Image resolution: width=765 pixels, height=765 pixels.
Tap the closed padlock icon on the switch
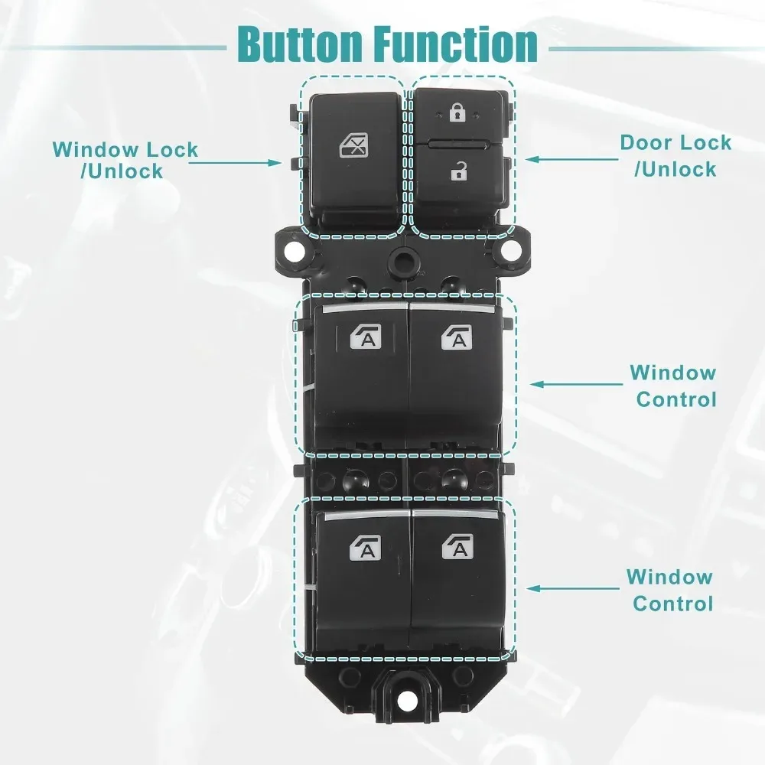point(457,115)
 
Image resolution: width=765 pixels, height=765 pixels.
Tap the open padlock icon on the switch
point(459,173)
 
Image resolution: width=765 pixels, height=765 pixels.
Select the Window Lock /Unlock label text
point(125,160)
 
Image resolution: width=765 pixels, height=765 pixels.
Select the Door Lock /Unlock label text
point(675,155)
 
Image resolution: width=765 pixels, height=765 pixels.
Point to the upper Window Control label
point(673,386)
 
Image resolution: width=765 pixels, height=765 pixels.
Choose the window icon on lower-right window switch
point(457,546)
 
